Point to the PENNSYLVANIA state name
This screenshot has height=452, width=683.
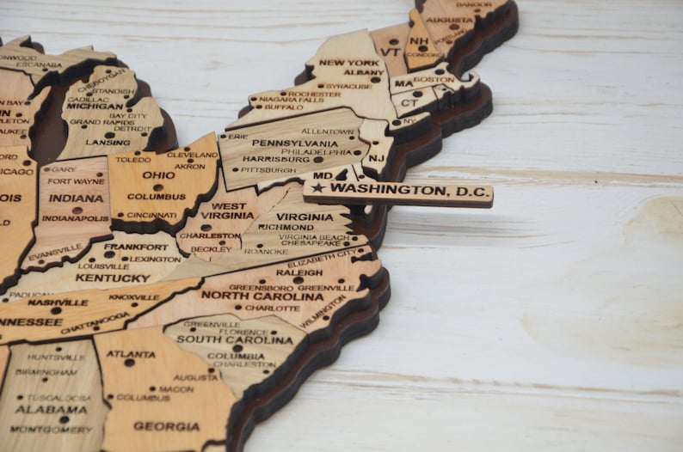(x=295, y=143)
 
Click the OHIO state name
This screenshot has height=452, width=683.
(x=158, y=175)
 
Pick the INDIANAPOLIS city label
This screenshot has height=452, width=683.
(x=76, y=218)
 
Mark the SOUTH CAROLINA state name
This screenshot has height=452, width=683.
(x=224, y=339)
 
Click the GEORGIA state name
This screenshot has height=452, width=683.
(x=167, y=426)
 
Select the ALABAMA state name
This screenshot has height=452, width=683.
(x=51, y=410)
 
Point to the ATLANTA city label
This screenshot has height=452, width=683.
(x=131, y=354)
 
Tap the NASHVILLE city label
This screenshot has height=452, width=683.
(x=58, y=302)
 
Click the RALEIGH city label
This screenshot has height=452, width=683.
(x=299, y=272)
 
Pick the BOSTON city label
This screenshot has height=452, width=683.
(x=434, y=80)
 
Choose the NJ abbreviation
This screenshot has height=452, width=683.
(x=378, y=158)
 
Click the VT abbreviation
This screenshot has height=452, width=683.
(x=391, y=51)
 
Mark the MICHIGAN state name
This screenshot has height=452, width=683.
(x=95, y=106)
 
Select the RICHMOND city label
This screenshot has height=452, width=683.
(x=286, y=228)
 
